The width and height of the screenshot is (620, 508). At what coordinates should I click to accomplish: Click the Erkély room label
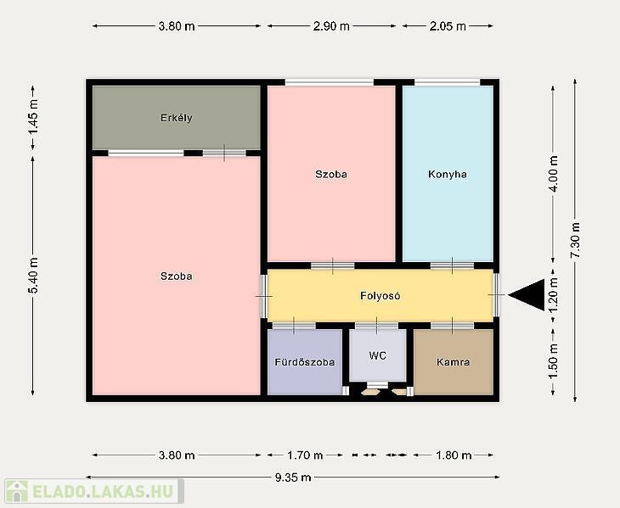(177, 118)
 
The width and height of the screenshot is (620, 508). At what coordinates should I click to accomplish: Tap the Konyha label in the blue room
(448, 174)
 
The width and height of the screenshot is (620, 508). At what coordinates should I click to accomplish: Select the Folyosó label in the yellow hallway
(380, 296)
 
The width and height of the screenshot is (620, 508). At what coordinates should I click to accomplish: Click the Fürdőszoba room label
(304, 362)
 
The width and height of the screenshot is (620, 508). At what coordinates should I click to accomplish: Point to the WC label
(377, 355)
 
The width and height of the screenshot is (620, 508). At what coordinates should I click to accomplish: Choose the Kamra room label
(454, 362)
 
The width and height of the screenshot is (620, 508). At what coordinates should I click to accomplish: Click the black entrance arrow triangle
(527, 294)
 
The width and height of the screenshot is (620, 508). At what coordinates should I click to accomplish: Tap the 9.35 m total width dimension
(293, 477)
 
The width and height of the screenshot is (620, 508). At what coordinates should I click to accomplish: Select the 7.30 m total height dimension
(575, 240)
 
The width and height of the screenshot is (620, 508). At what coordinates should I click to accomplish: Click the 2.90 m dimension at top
(331, 26)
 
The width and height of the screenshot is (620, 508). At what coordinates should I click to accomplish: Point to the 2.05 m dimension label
(448, 26)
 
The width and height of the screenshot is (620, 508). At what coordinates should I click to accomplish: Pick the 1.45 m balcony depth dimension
(33, 116)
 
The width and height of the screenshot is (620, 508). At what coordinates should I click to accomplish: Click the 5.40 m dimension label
(33, 276)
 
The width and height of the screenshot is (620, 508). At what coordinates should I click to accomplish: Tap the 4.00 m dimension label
(553, 174)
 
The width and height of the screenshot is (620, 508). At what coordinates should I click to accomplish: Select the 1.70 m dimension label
(305, 455)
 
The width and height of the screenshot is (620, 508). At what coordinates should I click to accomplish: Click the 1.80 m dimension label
(454, 455)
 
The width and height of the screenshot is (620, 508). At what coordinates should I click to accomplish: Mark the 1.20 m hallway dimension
(553, 294)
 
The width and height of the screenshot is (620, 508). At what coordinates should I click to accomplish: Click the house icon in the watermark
(17, 491)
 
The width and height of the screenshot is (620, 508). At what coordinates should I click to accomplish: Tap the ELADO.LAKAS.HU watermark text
(103, 492)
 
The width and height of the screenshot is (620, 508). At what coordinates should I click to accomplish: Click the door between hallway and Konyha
(452, 265)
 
